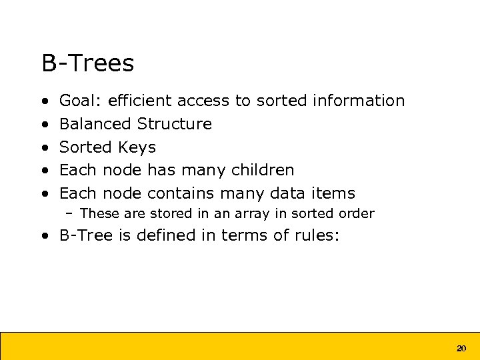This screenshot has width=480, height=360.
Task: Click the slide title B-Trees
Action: [87, 63]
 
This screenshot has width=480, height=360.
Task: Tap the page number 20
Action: [461, 348]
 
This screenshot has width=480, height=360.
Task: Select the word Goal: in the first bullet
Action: [81, 101]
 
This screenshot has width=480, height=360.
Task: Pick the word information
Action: [358, 101]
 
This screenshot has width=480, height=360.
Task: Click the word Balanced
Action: [95, 124]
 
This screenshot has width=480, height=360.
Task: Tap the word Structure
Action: [174, 124]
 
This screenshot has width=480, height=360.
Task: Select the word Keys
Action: [137, 147]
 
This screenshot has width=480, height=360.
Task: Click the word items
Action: [333, 193]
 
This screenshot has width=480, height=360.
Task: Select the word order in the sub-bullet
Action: [357, 214]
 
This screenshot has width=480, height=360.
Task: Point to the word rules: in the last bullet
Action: [316, 235]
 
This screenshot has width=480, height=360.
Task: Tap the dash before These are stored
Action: [69, 214]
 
